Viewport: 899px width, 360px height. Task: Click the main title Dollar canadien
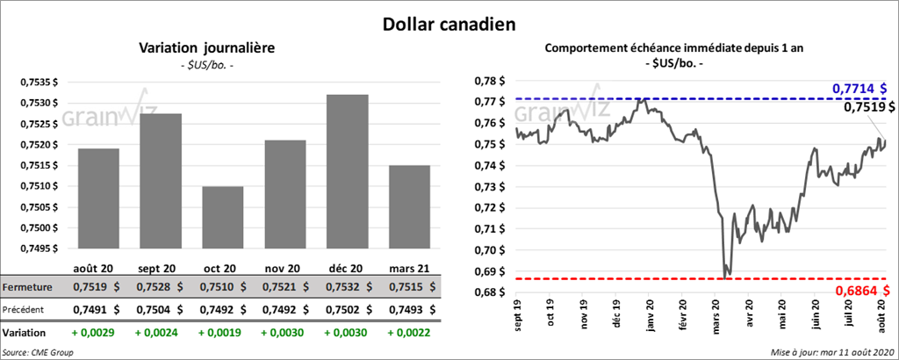click(x=449, y=23)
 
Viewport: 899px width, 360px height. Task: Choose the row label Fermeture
click(x=27, y=287)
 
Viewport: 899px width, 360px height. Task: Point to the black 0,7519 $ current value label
click(x=865, y=107)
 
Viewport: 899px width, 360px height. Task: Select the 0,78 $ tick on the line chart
click(x=481, y=81)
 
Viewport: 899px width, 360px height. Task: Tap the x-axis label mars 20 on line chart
click(x=717, y=315)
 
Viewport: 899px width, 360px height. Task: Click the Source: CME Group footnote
click(x=39, y=351)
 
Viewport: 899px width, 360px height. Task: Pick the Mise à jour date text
click(x=838, y=351)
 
